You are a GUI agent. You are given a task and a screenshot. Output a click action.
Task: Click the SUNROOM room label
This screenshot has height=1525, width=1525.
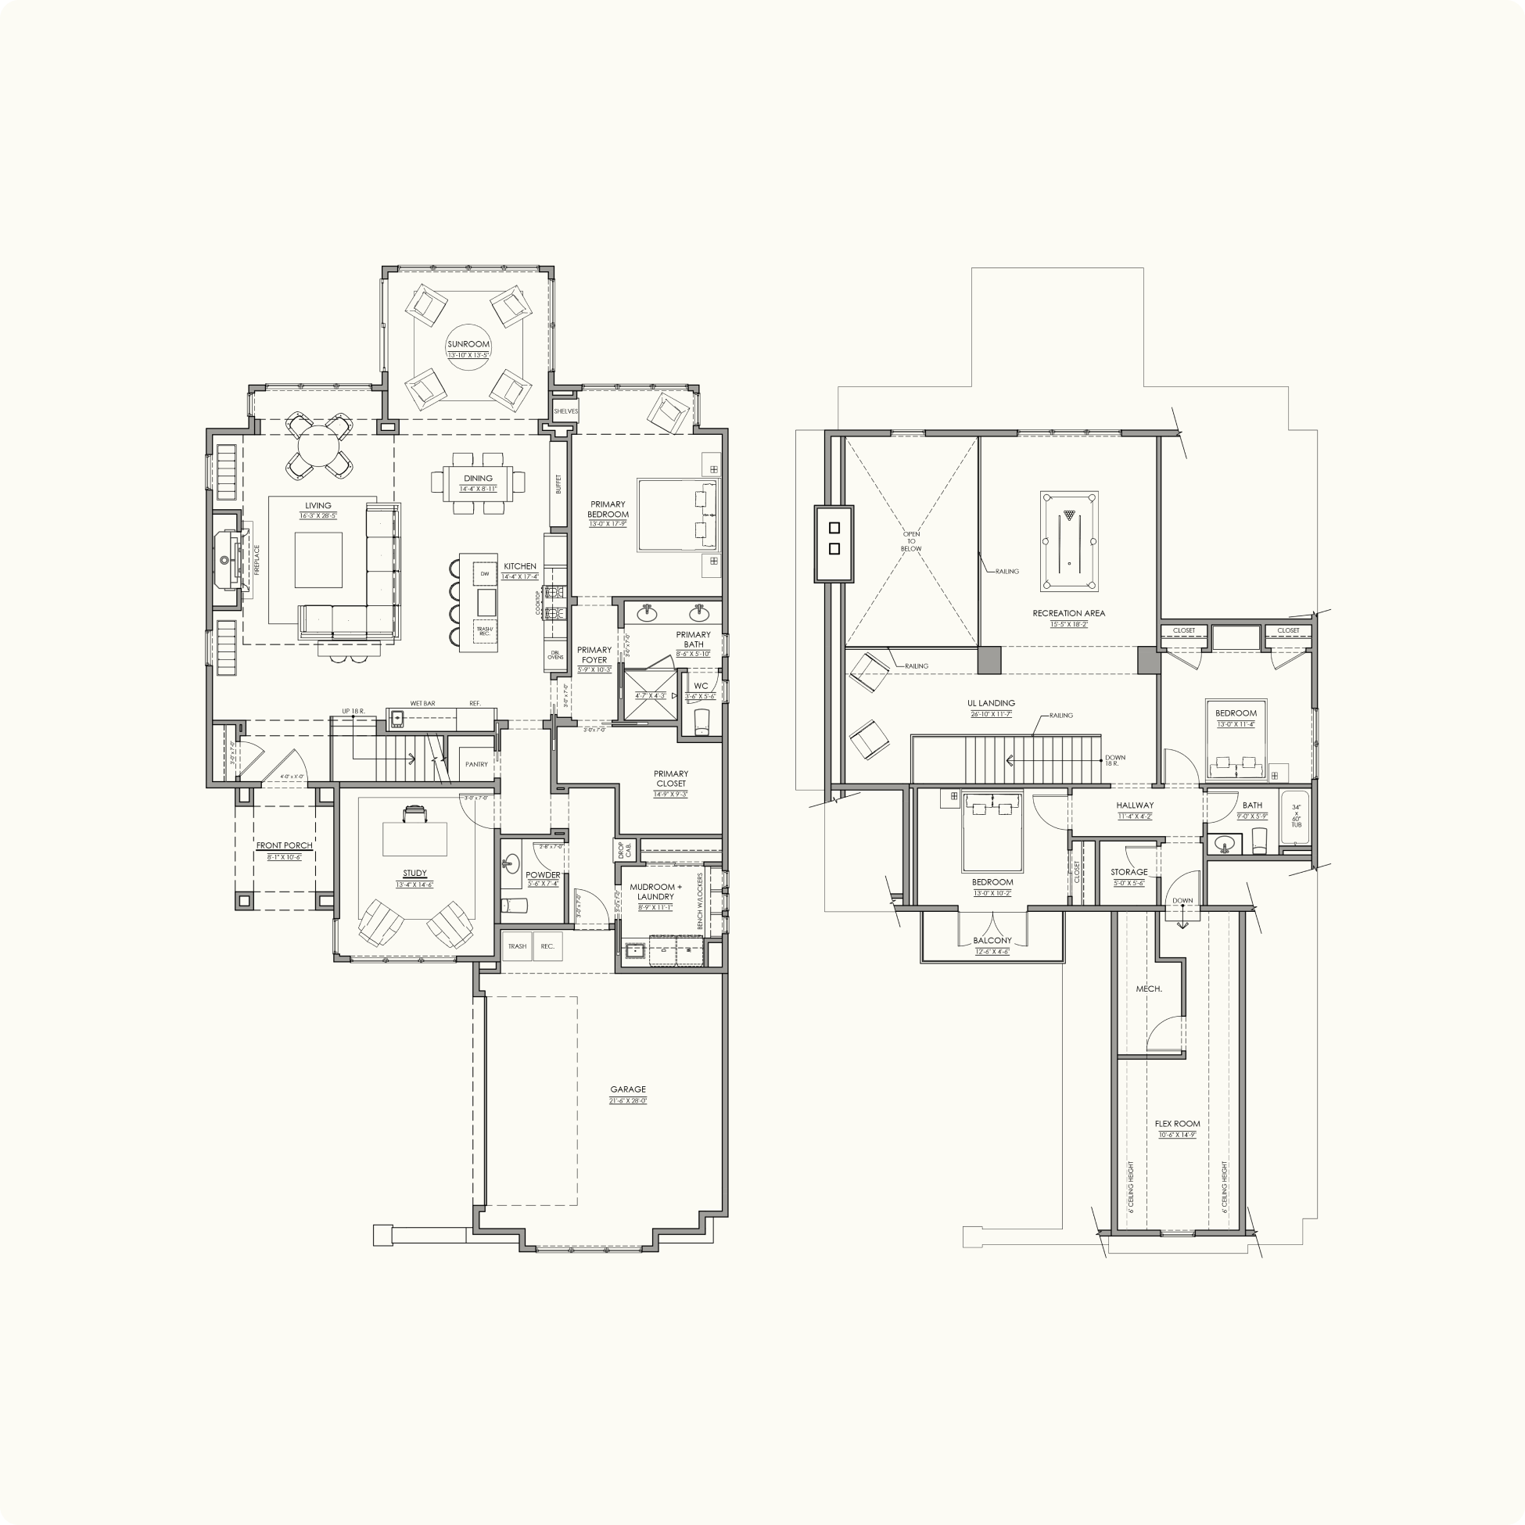[x=469, y=344]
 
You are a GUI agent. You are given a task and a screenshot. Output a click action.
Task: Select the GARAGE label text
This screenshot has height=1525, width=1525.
[x=627, y=1089]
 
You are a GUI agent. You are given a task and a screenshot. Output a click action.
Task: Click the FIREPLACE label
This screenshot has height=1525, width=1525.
[x=257, y=560]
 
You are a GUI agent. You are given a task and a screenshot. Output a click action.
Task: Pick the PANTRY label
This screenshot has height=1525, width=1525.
[x=476, y=764]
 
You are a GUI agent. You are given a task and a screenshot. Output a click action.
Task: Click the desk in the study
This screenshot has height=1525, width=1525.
[x=414, y=839]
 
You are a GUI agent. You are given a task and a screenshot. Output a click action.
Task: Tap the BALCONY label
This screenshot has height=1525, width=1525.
[x=992, y=940]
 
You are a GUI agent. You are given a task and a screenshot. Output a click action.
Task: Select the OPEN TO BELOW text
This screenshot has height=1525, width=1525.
[x=911, y=541]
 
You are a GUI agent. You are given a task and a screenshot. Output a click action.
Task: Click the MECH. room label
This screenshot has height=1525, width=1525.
[x=1149, y=989]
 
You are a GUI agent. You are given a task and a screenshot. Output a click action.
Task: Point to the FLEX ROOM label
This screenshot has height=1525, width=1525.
[x=1177, y=1123]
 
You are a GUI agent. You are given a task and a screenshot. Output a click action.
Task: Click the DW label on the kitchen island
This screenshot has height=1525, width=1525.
[x=485, y=574]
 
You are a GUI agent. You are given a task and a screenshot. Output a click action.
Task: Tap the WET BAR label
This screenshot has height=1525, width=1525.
[x=422, y=703]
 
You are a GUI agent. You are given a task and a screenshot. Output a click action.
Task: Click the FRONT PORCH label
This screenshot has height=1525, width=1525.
[x=284, y=845]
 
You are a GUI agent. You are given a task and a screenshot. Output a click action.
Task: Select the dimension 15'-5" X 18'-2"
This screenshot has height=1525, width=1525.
[x=1069, y=623]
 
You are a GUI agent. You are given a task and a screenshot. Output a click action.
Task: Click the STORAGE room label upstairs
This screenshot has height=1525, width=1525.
[x=1128, y=872]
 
